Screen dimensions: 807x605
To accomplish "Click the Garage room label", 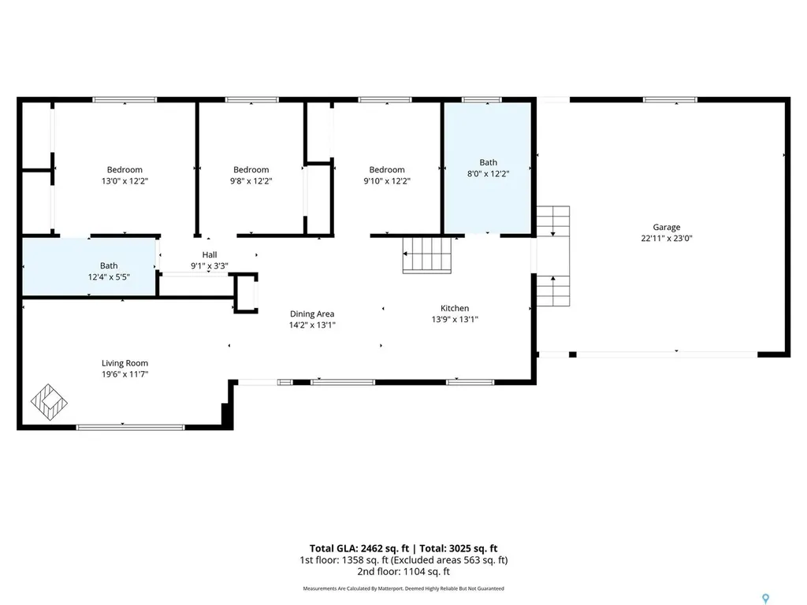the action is (x=667, y=227).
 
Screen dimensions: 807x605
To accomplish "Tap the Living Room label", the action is (x=125, y=363).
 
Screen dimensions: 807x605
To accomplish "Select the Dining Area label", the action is (x=312, y=314).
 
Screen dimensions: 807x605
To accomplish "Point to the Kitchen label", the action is (x=455, y=308).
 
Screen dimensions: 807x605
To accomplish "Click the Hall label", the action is (x=210, y=254).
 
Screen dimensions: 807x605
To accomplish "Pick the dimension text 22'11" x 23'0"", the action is (x=667, y=238).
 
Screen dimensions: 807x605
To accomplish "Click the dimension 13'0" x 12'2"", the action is (x=125, y=181).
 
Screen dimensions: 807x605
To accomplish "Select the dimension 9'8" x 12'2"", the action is (x=251, y=181).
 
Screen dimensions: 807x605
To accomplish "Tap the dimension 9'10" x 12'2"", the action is (x=387, y=181).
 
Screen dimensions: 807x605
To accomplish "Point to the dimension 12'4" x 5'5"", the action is (x=109, y=277).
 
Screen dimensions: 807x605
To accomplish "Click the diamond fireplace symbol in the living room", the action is (x=49, y=402).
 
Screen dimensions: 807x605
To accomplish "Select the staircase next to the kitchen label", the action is (x=426, y=254).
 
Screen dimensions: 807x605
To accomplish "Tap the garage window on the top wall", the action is (x=670, y=100).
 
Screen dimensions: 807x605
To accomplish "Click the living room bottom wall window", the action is (x=130, y=428).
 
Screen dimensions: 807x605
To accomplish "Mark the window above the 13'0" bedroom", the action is (x=125, y=100).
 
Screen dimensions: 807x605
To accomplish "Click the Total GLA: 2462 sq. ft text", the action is (x=359, y=548).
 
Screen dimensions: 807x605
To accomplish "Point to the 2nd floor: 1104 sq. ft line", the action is (x=403, y=572).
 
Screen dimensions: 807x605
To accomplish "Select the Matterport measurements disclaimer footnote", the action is (x=403, y=588).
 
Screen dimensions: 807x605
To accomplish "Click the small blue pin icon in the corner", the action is (x=766, y=599).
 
